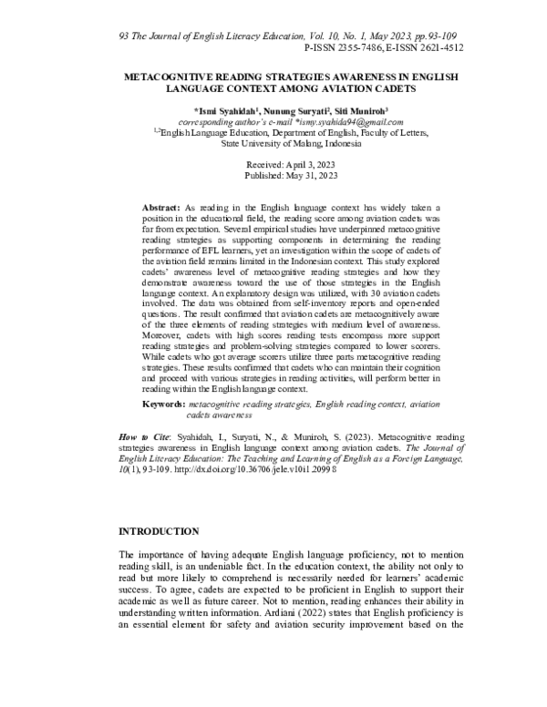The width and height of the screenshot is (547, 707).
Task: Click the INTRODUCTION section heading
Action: (166, 530)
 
